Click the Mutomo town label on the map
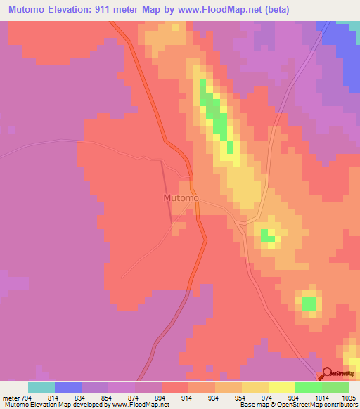181,198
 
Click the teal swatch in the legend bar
41,387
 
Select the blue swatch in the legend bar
68,387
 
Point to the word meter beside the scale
11,397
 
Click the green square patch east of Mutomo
268,235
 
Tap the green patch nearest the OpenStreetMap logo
309,303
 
